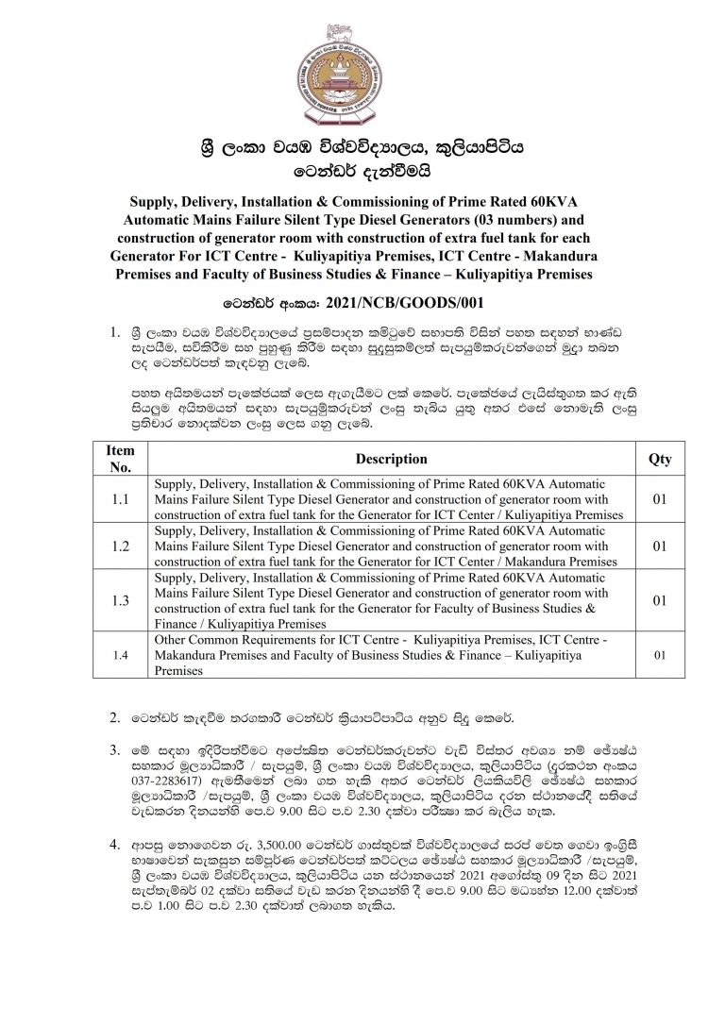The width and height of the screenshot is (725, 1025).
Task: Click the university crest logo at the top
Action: (x=362, y=69)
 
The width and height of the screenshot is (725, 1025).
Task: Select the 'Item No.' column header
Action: (x=121, y=459)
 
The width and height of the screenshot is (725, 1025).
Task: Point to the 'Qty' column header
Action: (x=660, y=459)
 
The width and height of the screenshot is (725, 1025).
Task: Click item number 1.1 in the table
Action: (x=121, y=498)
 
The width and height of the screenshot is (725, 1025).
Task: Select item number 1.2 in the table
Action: (x=121, y=545)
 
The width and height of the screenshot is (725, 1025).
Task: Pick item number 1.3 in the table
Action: (x=121, y=599)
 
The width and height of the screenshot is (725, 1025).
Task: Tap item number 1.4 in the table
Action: (x=121, y=654)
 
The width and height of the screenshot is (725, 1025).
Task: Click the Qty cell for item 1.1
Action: (x=660, y=498)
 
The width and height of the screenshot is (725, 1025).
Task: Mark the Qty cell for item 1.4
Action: (x=660, y=654)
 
